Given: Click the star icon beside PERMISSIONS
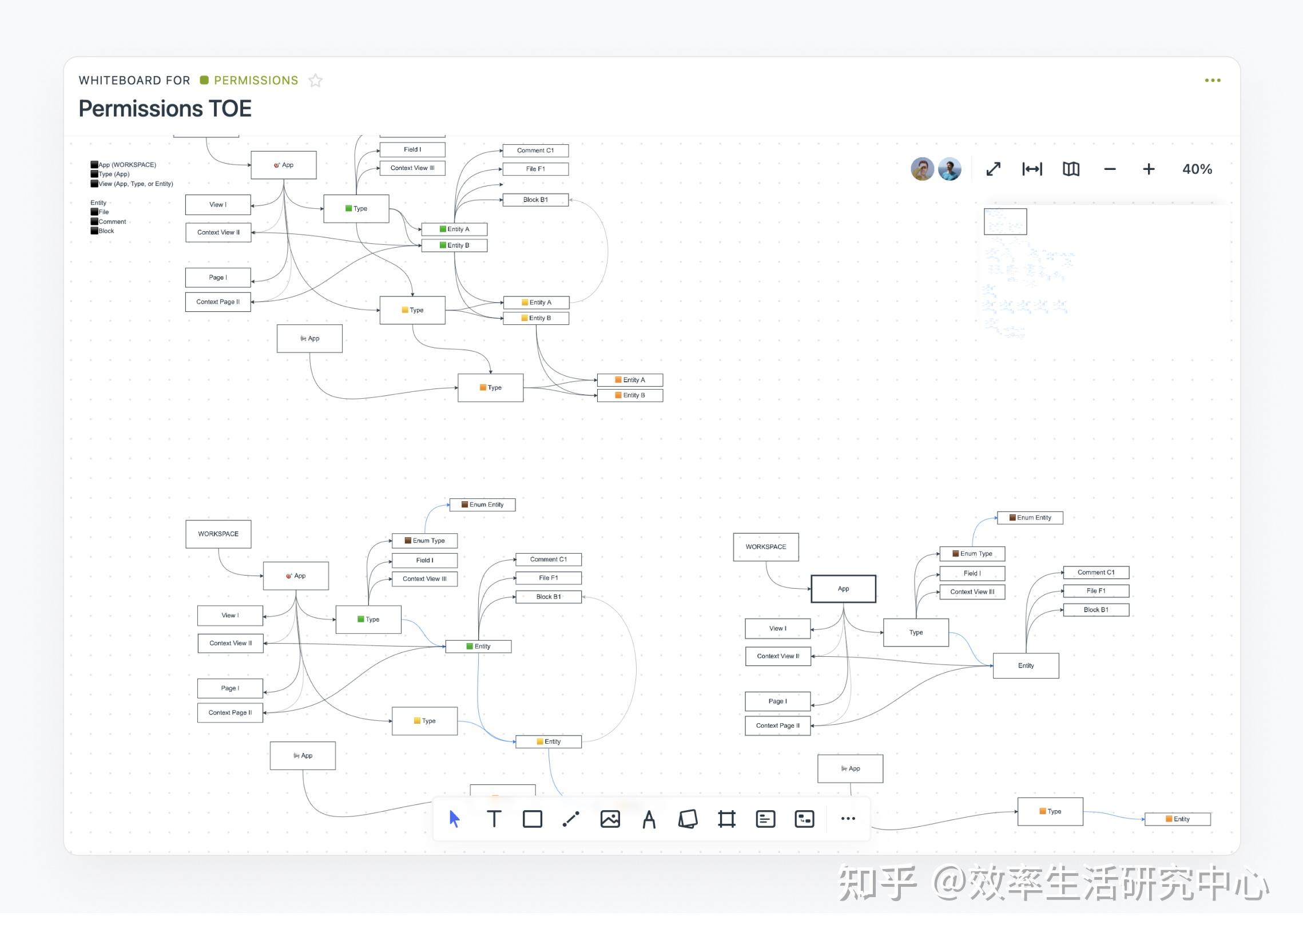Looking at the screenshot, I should pyautogui.click(x=315, y=81).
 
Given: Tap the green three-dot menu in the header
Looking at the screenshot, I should pyautogui.click(x=1212, y=81).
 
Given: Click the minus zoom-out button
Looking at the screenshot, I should pyautogui.click(x=1110, y=169).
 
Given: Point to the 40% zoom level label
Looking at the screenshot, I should pyautogui.click(x=1197, y=169).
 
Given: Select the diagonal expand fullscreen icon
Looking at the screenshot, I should pyautogui.click(x=994, y=169).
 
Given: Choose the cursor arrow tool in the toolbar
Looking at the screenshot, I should pyautogui.click(x=454, y=819).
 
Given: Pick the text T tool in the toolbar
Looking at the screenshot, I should pyautogui.click(x=494, y=819).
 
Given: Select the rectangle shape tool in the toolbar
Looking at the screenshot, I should pyautogui.click(x=533, y=819).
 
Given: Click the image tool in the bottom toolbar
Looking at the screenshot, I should pyautogui.click(x=610, y=819).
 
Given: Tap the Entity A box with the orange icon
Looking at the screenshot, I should pyautogui.click(x=630, y=380).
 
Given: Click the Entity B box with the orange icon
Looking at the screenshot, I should pyautogui.click(x=630, y=395).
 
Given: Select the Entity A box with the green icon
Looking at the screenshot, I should pyautogui.click(x=454, y=229).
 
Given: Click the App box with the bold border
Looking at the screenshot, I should pyautogui.click(x=843, y=589).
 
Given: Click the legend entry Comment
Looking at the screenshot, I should pyautogui.click(x=112, y=222).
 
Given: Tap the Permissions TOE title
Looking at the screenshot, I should pyautogui.click(x=165, y=109).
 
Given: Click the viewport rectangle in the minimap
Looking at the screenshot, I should pyautogui.click(x=1005, y=221).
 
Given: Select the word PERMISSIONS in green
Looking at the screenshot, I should pyautogui.click(x=256, y=81).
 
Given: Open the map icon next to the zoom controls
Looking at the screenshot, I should pyautogui.click(x=1071, y=169).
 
